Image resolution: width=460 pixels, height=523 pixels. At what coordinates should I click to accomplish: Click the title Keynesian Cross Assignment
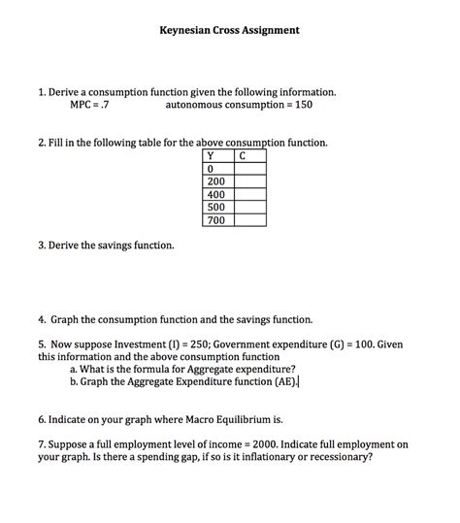(229, 30)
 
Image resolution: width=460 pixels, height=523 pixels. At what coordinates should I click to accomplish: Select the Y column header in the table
(210, 155)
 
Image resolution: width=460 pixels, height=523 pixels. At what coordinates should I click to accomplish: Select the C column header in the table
(242, 155)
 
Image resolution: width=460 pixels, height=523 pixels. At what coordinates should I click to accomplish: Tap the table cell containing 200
(215, 181)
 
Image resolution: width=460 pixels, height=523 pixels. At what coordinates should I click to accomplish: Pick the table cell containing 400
(215, 194)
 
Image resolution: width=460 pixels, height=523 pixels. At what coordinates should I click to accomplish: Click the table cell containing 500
(215, 207)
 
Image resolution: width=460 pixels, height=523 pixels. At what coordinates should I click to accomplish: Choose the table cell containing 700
(215, 220)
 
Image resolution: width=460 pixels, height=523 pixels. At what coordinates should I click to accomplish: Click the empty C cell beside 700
(249, 220)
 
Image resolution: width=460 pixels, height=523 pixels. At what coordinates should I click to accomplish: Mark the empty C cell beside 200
(249, 181)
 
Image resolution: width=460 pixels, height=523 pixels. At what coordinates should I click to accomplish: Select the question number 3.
(42, 245)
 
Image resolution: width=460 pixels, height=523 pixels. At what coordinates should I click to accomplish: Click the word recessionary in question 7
(337, 457)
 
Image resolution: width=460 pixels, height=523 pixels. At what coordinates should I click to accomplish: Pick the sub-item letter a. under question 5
(74, 369)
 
